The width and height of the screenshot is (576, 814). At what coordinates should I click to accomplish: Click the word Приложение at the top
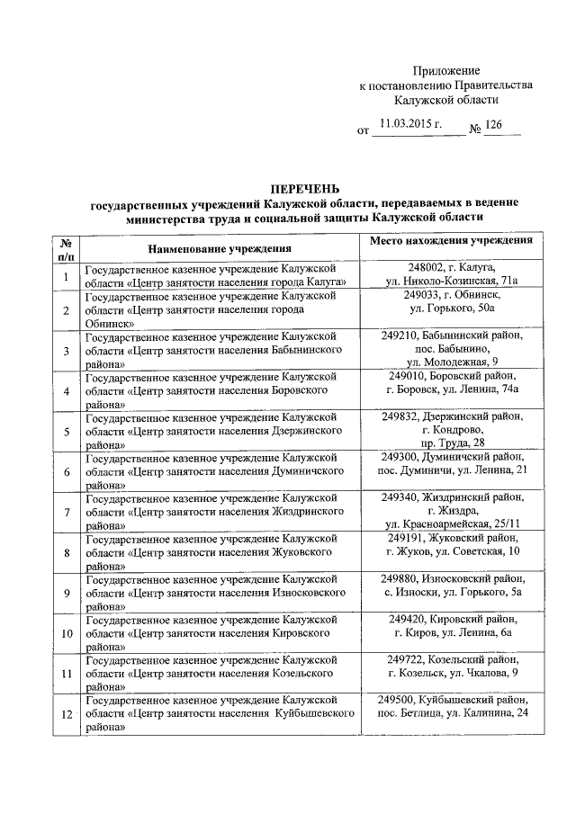446,70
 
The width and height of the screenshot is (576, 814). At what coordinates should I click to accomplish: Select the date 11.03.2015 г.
410,124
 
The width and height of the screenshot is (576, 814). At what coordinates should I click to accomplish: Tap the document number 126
494,124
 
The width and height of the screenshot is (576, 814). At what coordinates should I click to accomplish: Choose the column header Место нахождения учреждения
451,240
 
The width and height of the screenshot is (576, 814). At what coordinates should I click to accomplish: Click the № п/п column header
67,247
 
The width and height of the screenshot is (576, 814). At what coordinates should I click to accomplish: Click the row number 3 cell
67,351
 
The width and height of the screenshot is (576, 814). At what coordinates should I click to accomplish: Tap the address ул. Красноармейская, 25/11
452,524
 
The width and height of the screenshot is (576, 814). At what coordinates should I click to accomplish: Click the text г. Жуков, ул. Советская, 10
452,550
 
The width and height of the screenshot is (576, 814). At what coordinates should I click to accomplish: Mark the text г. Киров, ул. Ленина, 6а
452,632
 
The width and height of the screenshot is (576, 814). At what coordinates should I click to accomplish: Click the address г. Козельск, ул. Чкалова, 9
452,673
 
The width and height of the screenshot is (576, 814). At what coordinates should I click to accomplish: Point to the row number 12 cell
67,715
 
